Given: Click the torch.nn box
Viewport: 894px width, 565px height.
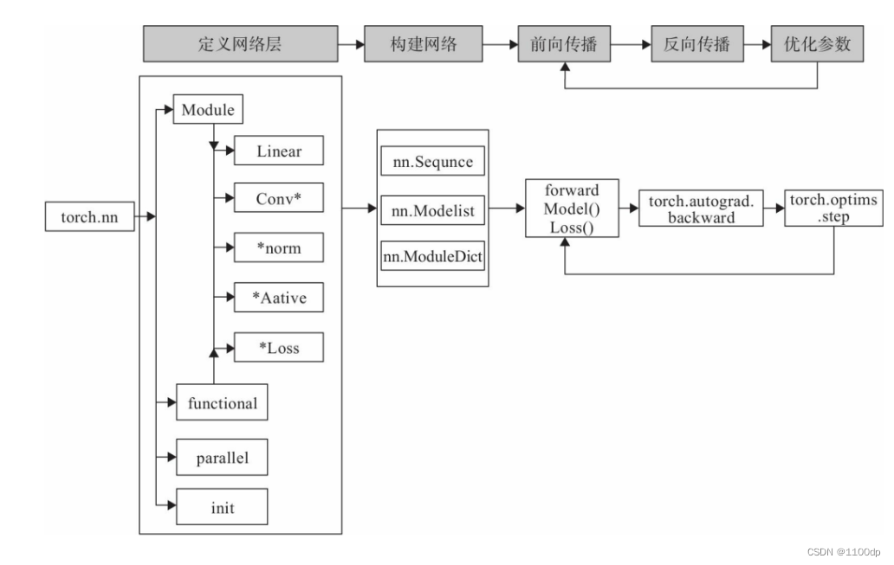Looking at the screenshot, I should [x=89, y=217].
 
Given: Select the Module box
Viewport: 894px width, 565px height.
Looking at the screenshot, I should [x=208, y=111].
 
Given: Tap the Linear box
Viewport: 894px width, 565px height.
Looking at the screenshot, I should [x=279, y=151].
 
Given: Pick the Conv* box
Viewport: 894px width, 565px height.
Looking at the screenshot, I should [x=279, y=199].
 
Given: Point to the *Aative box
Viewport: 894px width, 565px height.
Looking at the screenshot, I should [x=279, y=298].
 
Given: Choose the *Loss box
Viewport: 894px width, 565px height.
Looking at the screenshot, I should [x=279, y=347].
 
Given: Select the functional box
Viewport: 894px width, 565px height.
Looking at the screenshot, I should [x=223, y=402].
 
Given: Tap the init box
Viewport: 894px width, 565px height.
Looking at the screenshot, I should [x=223, y=508].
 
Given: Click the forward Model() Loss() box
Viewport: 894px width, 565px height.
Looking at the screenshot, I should [x=571, y=209].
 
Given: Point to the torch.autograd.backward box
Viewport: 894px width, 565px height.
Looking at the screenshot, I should [x=701, y=209].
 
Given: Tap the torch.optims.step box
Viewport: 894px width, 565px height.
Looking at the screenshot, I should [x=833, y=209].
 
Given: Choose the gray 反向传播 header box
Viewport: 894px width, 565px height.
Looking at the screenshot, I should [x=697, y=44].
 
